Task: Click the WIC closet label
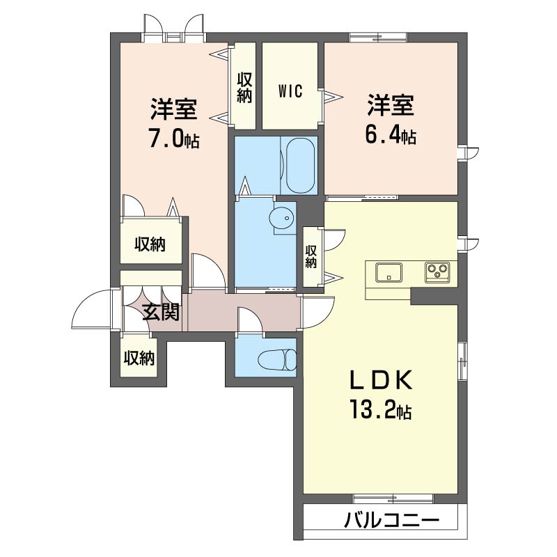pyautogui.click(x=290, y=92)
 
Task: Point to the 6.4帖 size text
pyautogui.click(x=391, y=135)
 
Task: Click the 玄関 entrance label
pyautogui.click(x=162, y=313)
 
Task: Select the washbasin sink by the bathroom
pyautogui.click(x=283, y=218)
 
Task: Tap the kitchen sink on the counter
pyautogui.click(x=389, y=272)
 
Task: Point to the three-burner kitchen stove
pyautogui.click(x=439, y=272)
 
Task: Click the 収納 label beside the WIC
pyautogui.click(x=244, y=88)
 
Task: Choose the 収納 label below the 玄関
pyautogui.click(x=139, y=358)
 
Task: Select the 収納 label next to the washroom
pyautogui.click(x=311, y=256)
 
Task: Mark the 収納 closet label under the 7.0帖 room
pyautogui.click(x=150, y=244)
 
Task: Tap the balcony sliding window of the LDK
pyautogui.click(x=393, y=499)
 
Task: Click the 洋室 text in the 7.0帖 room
pyautogui.click(x=173, y=109)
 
